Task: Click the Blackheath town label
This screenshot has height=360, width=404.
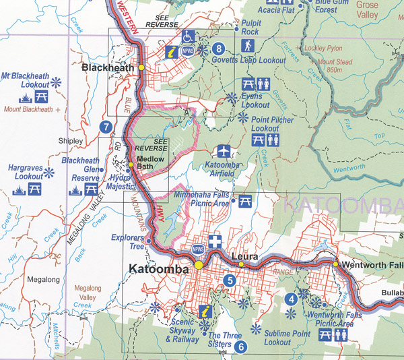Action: coord(108,68)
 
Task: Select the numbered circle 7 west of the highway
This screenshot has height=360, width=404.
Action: coord(104,126)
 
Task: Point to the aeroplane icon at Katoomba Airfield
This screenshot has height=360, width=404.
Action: coord(222,151)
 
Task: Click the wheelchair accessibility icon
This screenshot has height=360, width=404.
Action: coord(187,36)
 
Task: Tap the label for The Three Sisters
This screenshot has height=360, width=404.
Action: coord(224,340)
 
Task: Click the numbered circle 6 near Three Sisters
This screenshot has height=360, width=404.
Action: coord(240,347)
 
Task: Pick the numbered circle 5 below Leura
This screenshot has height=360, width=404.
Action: coord(230,280)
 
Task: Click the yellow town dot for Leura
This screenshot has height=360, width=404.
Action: coord(241,264)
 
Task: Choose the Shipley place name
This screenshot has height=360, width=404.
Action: coord(70,141)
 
